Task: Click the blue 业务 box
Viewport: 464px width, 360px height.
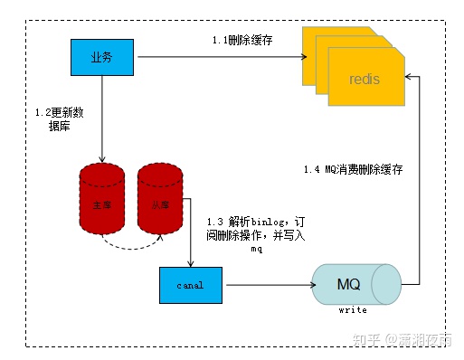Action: click(101, 58)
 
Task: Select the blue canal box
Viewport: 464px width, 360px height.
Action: click(191, 285)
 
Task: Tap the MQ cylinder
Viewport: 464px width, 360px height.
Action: click(348, 284)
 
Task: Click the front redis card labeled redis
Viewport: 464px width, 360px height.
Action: click(365, 81)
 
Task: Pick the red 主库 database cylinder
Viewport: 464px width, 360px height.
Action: click(101, 205)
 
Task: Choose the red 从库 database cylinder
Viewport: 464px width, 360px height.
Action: click(160, 205)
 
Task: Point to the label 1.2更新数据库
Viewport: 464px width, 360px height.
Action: click(58, 119)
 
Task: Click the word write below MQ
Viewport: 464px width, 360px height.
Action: click(352, 310)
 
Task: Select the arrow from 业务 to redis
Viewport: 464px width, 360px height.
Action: click(217, 59)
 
